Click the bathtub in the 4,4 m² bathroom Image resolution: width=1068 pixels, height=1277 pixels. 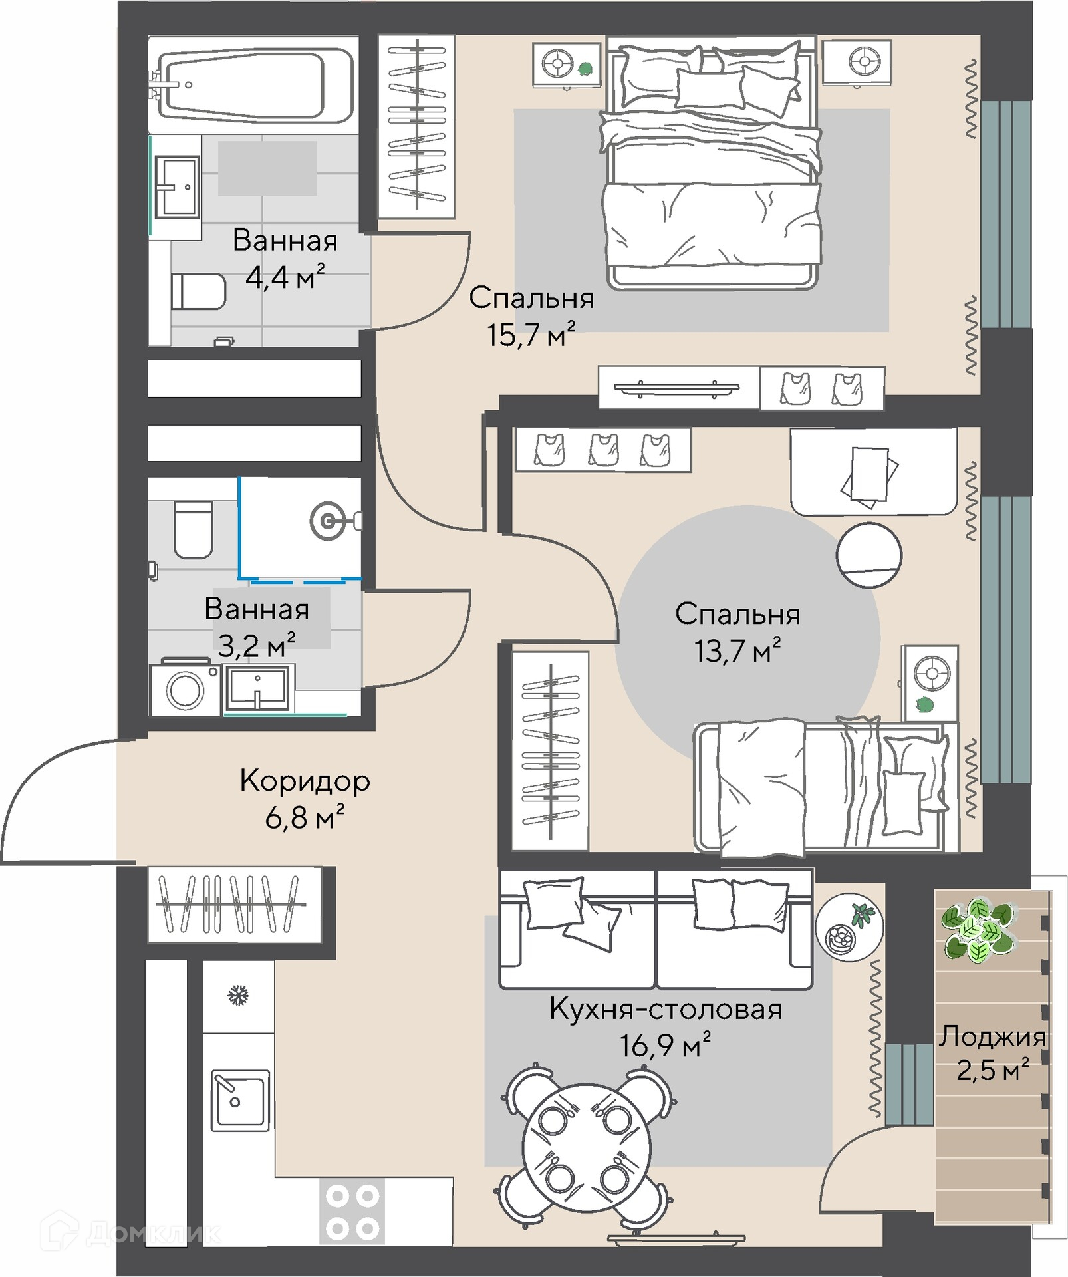click(253, 84)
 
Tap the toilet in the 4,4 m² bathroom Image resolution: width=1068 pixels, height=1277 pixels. click(198, 291)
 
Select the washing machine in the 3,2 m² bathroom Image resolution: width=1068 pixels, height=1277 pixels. click(186, 689)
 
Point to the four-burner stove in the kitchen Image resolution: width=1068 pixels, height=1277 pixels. click(352, 1211)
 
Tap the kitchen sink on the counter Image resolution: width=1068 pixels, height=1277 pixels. click(240, 1100)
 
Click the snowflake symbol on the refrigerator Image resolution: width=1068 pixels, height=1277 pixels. click(238, 996)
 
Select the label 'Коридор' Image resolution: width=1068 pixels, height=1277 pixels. click(305, 781)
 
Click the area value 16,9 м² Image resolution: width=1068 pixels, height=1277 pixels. click(665, 1045)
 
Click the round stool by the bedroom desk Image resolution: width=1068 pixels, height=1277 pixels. click(868, 555)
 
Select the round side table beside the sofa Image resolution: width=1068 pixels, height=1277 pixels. click(849, 926)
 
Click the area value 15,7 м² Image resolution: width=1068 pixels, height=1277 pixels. click(531, 334)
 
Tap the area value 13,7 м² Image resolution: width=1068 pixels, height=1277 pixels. click(737, 650)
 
